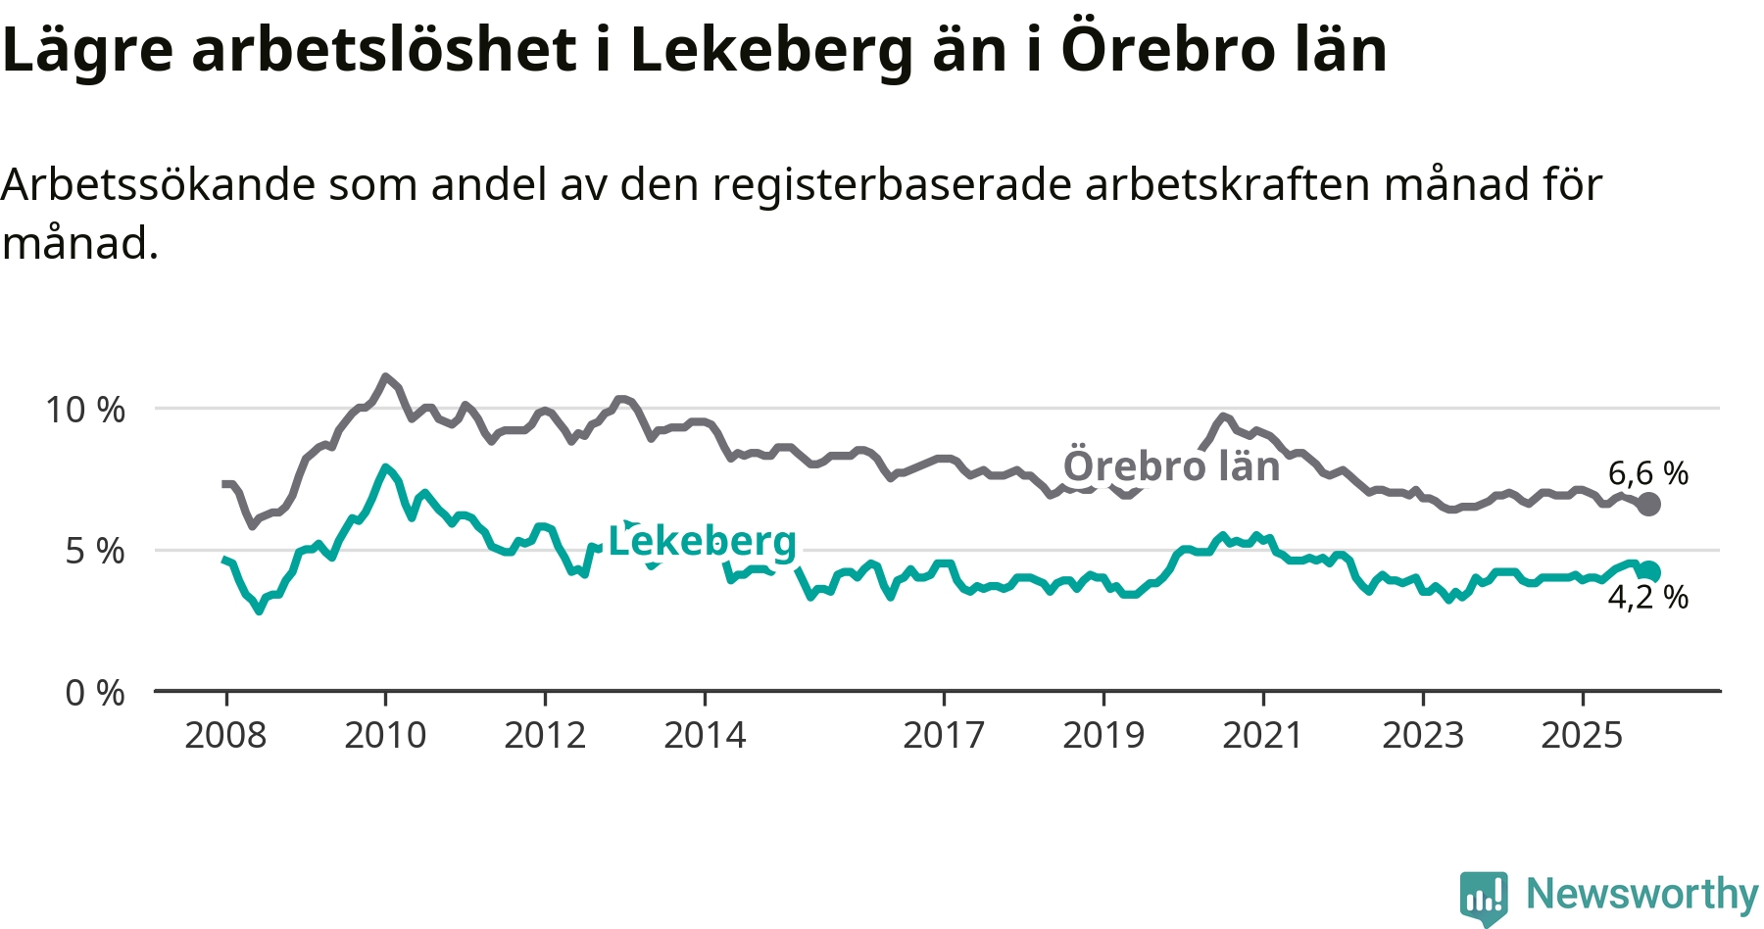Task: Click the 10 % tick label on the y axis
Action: (85, 410)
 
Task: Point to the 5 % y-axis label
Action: (95, 552)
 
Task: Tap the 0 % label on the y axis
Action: (95, 694)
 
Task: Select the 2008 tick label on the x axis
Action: (225, 735)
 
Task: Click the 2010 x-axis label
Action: (385, 735)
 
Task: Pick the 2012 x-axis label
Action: (545, 735)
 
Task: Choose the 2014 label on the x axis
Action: (705, 735)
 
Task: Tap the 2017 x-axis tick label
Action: (944, 735)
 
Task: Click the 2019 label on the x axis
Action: (1103, 735)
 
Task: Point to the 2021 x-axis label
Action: (1263, 735)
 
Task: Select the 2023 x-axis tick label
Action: (1423, 735)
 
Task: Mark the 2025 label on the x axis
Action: (1583, 735)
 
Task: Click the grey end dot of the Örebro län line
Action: (1649, 505)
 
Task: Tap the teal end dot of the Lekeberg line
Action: (1649, 571)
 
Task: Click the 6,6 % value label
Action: (1648, 473)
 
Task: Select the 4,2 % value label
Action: (1648, 597)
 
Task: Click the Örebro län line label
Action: (1172, 466)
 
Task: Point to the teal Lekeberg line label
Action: (703, 541)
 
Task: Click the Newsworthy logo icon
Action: (1484, 897)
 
